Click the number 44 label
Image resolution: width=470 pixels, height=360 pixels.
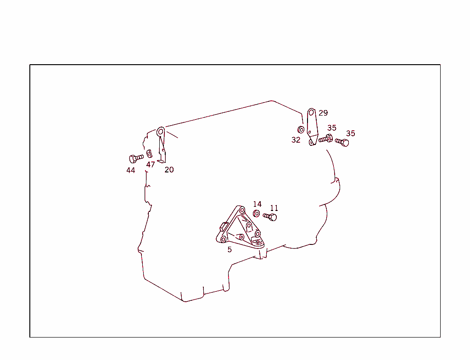click(131, 171)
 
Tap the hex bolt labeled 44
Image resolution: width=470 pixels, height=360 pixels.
click(136, 158)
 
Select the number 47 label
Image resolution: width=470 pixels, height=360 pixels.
click(151, 165)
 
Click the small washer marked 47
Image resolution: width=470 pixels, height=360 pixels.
click(149, 154)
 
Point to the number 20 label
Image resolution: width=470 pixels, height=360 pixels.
click(169, 170)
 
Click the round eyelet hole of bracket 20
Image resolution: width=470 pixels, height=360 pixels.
click(161, 132)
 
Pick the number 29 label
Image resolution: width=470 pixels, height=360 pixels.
click(323, 113)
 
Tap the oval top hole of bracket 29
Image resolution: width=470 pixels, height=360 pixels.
click(312, 113)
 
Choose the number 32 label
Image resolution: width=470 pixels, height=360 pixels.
click(296, 140)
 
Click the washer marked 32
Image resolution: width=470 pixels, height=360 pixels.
click(301, 130)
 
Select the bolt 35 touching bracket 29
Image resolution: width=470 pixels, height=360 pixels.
click(325, 138)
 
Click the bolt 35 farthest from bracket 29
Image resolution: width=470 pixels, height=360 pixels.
click(342, 142)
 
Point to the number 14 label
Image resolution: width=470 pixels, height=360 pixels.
click(257, 204)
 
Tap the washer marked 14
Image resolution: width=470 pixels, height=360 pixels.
click(256, 214)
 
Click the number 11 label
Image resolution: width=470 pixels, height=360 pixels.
click(274, 208)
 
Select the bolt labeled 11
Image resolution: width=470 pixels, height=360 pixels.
click(270, 216)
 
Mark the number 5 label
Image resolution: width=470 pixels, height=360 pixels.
click(229, 249)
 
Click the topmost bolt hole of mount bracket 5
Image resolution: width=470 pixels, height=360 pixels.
click(241, 210)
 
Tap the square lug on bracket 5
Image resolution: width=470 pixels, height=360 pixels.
click(224, 227)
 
